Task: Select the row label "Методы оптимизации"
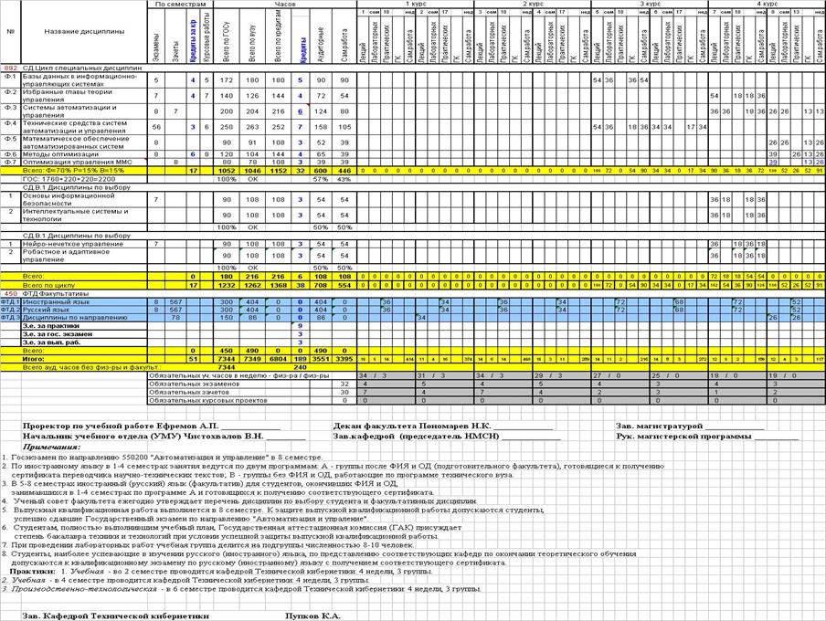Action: pyautogui.click(x=50, y=155)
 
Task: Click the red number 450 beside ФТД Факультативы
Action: pyautogui.click(x=10, y=292)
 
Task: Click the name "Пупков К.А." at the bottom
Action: pyautogui.click(x=312, y=616)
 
